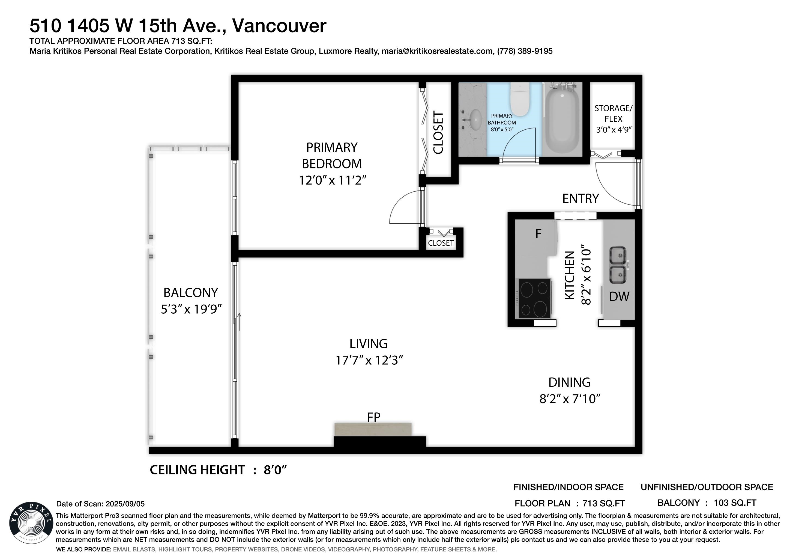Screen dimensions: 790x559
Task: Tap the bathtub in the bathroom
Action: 563,119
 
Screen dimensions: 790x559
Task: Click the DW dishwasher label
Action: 619,297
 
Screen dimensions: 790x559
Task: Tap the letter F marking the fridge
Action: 538,234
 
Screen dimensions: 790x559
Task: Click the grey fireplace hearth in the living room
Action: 373,430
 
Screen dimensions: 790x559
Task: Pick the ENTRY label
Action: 580,199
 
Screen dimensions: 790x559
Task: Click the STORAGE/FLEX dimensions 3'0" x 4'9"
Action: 614,130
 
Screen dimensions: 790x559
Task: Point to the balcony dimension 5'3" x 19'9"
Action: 191,309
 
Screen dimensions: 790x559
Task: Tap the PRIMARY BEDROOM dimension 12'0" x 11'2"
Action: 332,180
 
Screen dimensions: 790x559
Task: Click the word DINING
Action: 569,382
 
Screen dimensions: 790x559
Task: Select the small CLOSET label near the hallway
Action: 441,243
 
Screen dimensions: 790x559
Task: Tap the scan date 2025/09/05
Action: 125,504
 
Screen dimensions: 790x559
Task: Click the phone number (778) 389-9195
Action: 525,51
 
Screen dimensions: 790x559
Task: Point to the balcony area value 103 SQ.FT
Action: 735,503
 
